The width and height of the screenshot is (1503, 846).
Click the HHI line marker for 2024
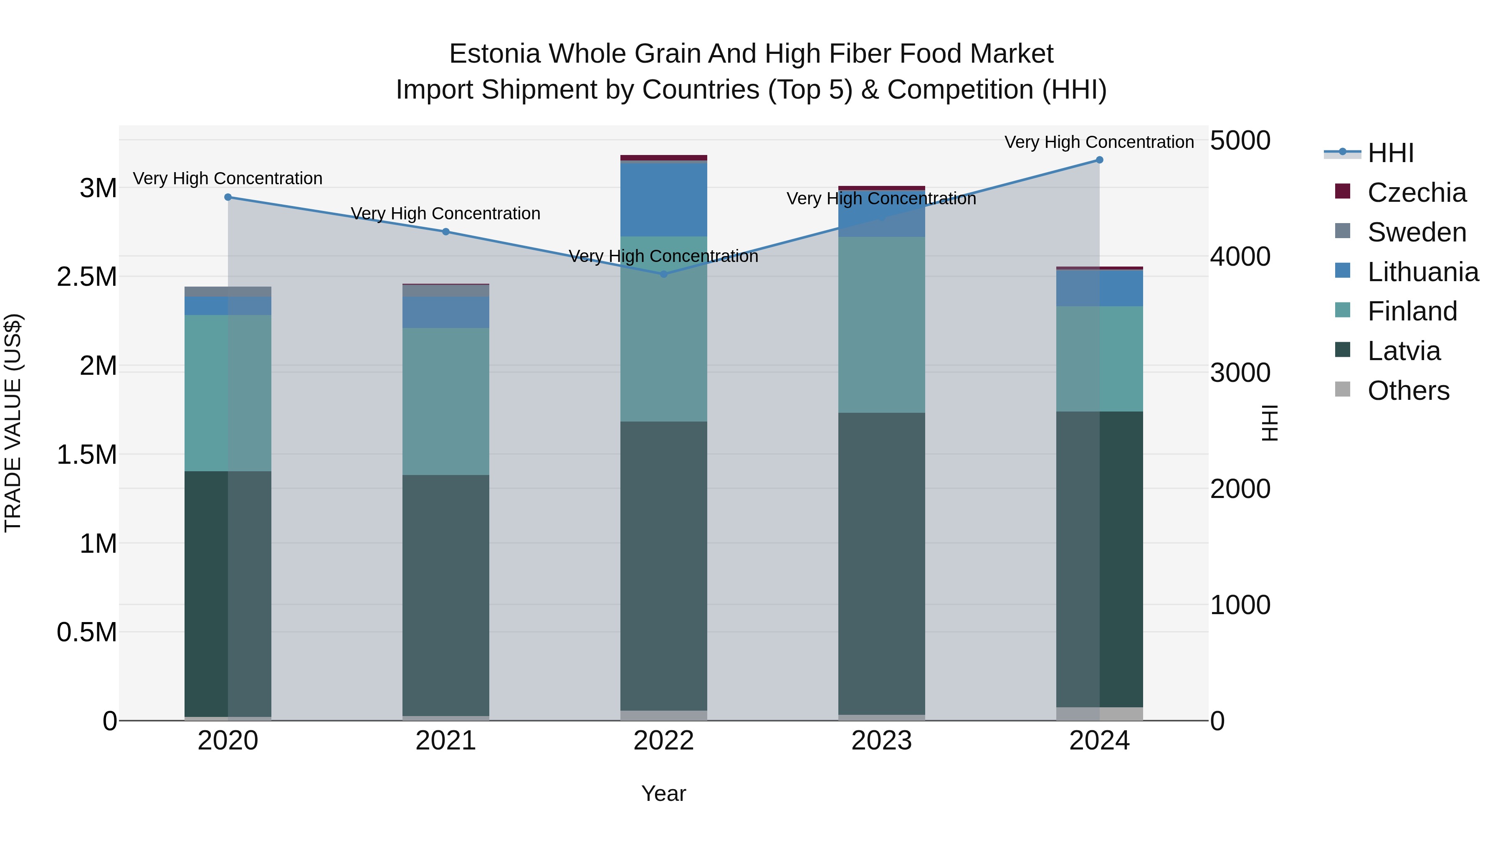[1099, 160]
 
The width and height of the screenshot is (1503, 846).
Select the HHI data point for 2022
[663, 274]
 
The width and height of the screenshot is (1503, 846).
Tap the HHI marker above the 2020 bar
[228, 197]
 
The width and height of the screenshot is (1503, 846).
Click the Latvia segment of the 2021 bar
[446, 595]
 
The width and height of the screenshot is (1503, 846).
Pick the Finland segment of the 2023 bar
[882, 325]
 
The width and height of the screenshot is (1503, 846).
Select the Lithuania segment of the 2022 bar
[663, 200]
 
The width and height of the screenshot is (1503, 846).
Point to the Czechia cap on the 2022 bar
[663, 158]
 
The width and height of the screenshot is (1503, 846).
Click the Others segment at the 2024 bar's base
[1099, 714]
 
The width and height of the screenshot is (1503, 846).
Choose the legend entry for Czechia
[1416, 193]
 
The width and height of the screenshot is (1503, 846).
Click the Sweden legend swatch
[1343, 231]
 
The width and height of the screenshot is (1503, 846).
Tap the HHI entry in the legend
[1390, 153]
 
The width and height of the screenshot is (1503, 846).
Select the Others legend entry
[1408, 391]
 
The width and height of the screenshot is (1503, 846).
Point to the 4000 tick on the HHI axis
[1240, 257]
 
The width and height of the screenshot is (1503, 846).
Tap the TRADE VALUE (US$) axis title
[13, 423]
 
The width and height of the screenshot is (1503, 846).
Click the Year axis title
[663, 793]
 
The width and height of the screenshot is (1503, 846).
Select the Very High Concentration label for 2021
[446, 213]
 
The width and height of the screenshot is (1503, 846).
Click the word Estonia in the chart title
[495, 54]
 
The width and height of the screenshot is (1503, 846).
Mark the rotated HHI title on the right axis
[1270, 423]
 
